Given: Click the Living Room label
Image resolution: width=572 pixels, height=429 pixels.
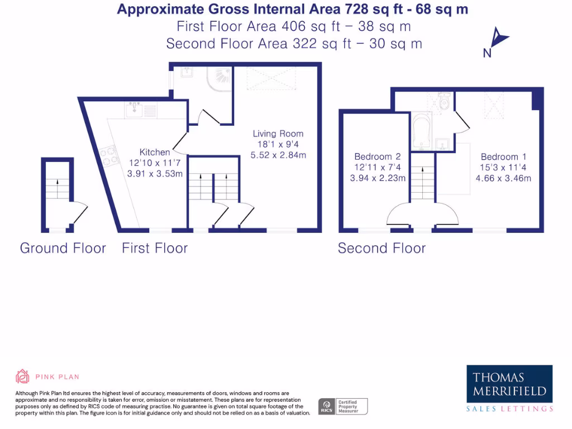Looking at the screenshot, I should (x=278, y=134).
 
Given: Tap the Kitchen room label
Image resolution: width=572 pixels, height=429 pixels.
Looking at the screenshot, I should (x=155, y=152).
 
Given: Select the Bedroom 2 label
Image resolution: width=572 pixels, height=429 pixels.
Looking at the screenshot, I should (x=377, y=157).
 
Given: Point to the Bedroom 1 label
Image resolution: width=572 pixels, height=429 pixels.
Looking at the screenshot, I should (x=503, y=157).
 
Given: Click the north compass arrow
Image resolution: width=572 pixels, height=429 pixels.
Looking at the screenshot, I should (x=497, y=39).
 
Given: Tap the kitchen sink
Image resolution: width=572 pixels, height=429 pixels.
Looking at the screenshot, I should (x=134, y=110).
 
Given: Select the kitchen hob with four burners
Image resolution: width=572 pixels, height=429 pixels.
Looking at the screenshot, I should (x=108, y=155).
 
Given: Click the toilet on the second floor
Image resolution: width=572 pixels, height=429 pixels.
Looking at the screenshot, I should (x=445, y=102).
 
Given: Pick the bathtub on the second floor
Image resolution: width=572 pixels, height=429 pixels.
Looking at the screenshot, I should (x=420, y=132).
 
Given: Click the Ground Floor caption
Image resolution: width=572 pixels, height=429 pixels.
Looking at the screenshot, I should (x=63, y=248).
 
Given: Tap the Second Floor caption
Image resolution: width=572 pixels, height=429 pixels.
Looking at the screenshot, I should (x=382, y=248).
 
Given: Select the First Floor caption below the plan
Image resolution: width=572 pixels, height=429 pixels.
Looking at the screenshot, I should (x=155, y=248).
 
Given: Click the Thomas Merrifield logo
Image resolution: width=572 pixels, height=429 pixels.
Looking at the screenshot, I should (x=509, y=389).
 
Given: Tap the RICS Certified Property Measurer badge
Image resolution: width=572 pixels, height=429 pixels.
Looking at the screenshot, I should (x=343, y=406).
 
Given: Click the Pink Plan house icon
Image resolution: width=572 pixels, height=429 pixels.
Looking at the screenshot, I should (x=22, y=376).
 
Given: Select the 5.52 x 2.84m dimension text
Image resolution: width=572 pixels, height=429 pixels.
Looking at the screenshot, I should (x=278, y=155).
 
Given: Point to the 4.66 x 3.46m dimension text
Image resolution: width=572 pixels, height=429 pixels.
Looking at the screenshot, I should (x=503, y=179).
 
